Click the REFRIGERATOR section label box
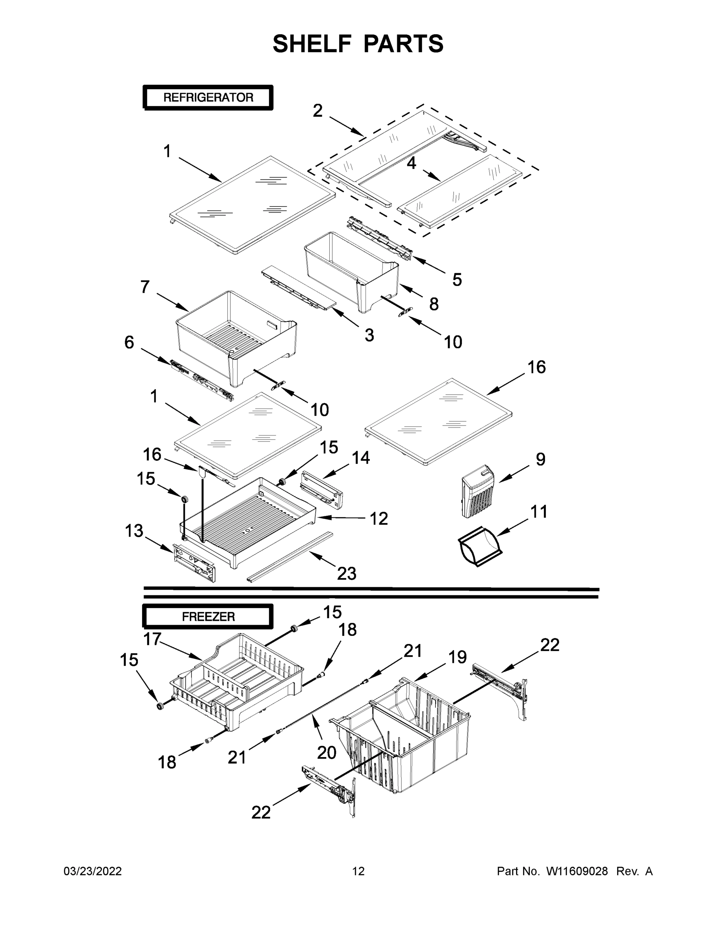click(208, 98)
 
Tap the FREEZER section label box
click(208, 617)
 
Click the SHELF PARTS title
click(358, 44)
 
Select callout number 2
click(318, 111)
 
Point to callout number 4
click(411, 163)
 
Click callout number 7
click(145, 287)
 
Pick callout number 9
click(540, 459)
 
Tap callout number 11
click(539, 512)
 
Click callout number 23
click(347, 574)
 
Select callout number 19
click(458, 657)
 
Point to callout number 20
click(327, 753)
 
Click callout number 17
click(152, 639)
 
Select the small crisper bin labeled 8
click(352, 271)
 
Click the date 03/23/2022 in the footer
click(93, 871)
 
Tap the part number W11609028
click(577, 871)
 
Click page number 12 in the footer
click(359, 871)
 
